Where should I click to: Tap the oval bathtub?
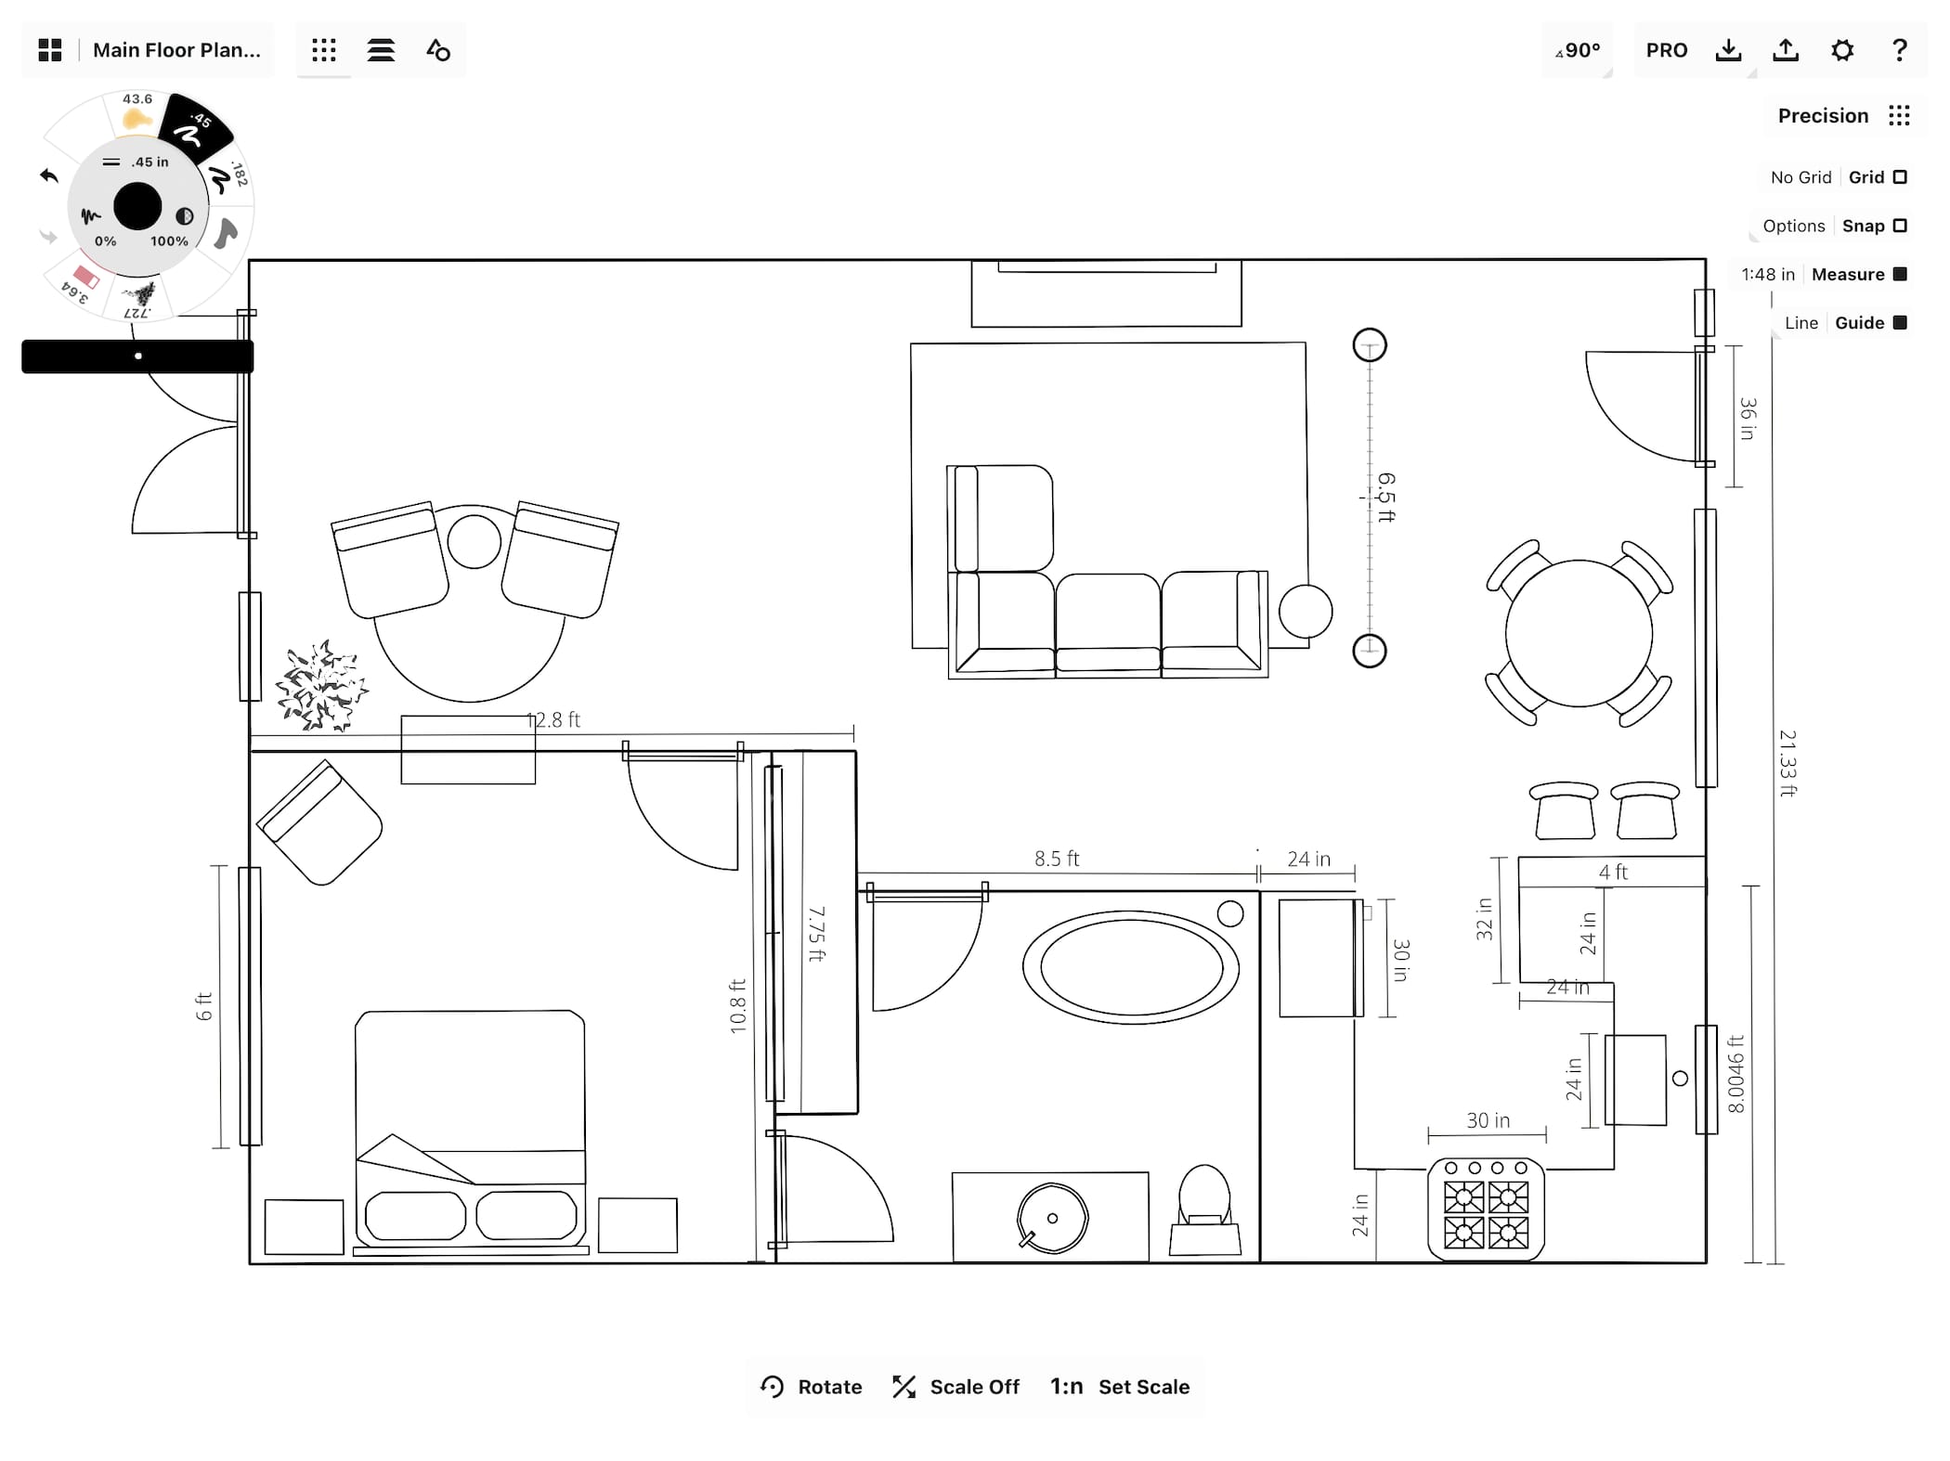tap(1131, 967)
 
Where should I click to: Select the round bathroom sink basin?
tap(1052, 1218)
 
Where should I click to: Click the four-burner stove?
tap(1486, 1209)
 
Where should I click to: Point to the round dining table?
tap(1579, 634)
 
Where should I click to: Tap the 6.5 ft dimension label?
tap(1386, 498)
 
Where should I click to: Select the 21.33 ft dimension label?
tap(1787, 763)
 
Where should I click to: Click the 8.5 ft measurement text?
tap(1057, 859)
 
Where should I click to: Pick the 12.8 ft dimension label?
tap(553, 719)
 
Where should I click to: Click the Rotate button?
tap(811, 1387)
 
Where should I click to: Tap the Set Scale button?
tap(1120, 1387)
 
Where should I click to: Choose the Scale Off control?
tap(955, 1387)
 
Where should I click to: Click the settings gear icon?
tap(1842, 50)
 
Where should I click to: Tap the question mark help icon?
tap(1900, 50)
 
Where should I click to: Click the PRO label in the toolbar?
tap(1667, 50)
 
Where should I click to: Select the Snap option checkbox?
tap(1900, 226)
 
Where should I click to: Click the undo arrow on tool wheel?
tap(49, 175)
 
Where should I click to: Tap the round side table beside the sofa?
tap(1306, 611)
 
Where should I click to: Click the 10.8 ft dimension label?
tap(738, 1006)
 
